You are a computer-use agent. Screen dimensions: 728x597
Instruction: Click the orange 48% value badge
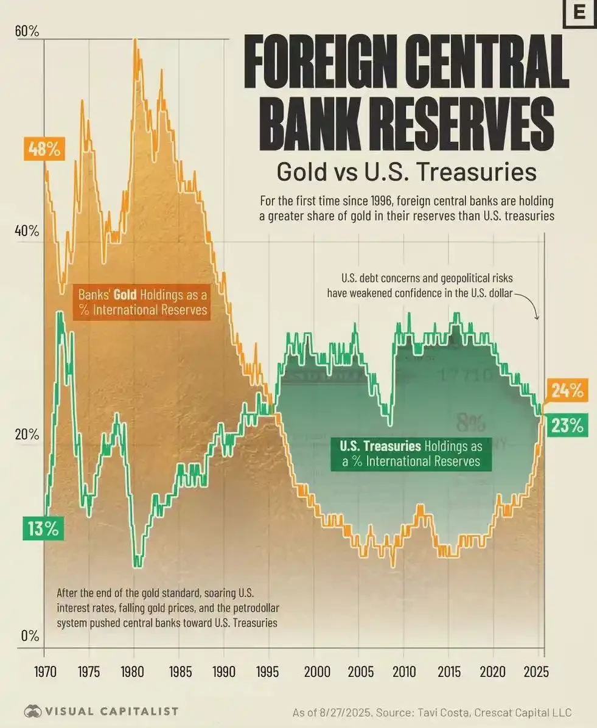[x=44, y=149]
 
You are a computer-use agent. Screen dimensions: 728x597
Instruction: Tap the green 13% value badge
[x=43, y=528]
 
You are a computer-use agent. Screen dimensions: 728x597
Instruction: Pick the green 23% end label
[x=567, y=425]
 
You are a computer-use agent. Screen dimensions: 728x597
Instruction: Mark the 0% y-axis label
[x=30, y=636]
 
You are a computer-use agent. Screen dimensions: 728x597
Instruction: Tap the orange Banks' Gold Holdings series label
[x=143, y=303]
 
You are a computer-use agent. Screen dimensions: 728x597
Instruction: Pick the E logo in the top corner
[x=580, y=13]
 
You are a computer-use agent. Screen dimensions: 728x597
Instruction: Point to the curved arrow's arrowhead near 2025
[x=537, y=318]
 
